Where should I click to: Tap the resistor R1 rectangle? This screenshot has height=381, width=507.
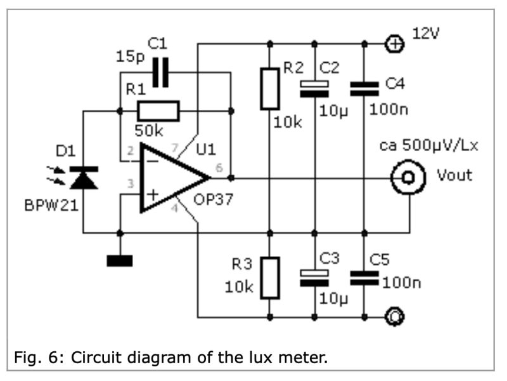pyautogui.click(x=158, y=111)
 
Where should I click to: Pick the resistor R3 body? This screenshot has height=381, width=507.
pyautogui.click(x=270, y=277)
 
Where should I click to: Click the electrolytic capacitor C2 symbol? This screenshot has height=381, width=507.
pyautogui.click(x=315, y=89)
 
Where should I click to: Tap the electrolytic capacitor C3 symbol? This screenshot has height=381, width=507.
pyautogui.click(x=315, y=277)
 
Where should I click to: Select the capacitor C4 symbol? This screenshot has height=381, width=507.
pyautogui.click(x=364, y=89)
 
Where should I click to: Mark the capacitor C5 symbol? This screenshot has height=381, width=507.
pyautogui.click(x=364, y=277)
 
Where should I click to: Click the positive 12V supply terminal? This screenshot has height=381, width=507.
pyautogui.click(x=394, y=44)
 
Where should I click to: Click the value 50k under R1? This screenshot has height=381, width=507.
pyautogui.click(x=149, y=131)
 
